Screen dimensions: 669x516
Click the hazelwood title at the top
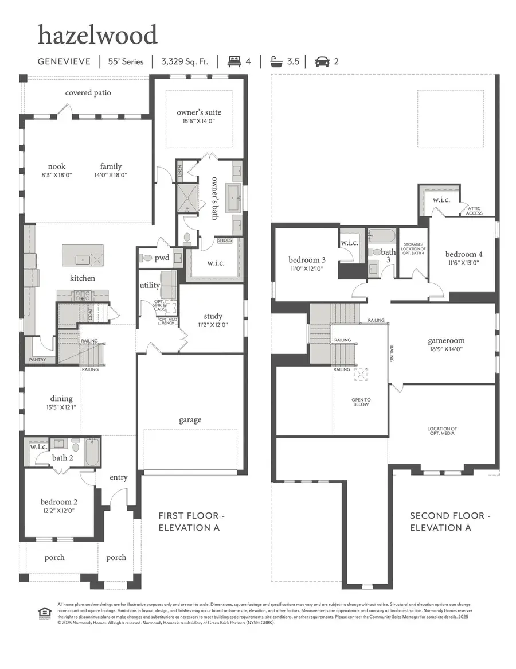coord(97,36)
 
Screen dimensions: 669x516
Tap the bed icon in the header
coord(235,61)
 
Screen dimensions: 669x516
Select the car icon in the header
coord(322,61)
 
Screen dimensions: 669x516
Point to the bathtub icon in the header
coord(277,61)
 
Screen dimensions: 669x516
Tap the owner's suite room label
coord(199,112)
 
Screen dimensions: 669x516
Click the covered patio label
coord(88,92)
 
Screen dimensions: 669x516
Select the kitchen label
coord(83,278)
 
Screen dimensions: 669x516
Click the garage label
coord(190,420)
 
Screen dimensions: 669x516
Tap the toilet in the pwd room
coord(146,258)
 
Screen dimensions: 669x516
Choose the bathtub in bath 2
coord(92,453)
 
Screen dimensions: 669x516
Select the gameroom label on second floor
coord(445,340)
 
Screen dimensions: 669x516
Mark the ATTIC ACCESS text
coord(475,211)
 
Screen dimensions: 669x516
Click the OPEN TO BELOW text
coord(361,402)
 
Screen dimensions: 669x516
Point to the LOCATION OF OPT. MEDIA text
coord(442,431)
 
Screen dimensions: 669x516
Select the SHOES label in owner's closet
coord(225,240)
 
